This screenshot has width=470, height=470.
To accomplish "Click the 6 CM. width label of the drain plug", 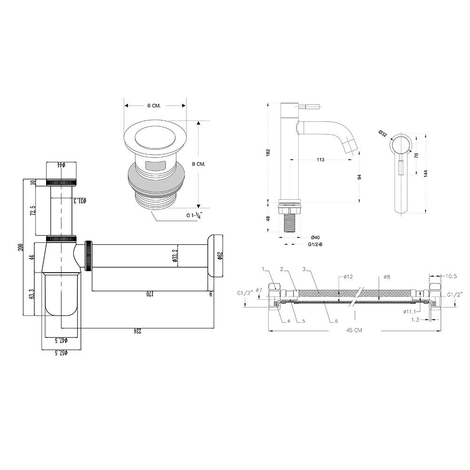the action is pos(154,105).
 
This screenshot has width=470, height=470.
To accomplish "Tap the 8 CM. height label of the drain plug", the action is pos(198,164).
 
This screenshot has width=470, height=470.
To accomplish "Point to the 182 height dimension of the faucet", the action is pos(268,152).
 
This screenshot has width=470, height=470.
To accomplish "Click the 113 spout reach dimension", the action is pos(321,159).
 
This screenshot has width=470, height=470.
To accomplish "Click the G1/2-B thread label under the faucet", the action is pos(315,244).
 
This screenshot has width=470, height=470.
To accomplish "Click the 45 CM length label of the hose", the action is pos(354,330).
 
